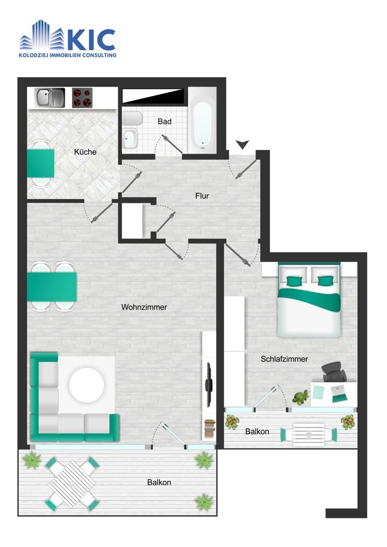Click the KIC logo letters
[91, 40]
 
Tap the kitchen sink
[50, 98]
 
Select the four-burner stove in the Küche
[82, 98]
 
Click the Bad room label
[165, 121]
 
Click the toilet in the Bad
[132, 119]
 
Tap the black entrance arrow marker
[242, 144]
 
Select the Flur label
[202, 196]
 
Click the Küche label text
[85, 152]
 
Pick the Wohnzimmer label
[144, 307]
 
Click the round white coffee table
[87, 384]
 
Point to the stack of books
[209, 429]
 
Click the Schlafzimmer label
[284, 359]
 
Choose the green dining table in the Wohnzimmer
[52, 287]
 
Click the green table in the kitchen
[40, 163]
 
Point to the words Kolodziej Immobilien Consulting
[68, 55]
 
